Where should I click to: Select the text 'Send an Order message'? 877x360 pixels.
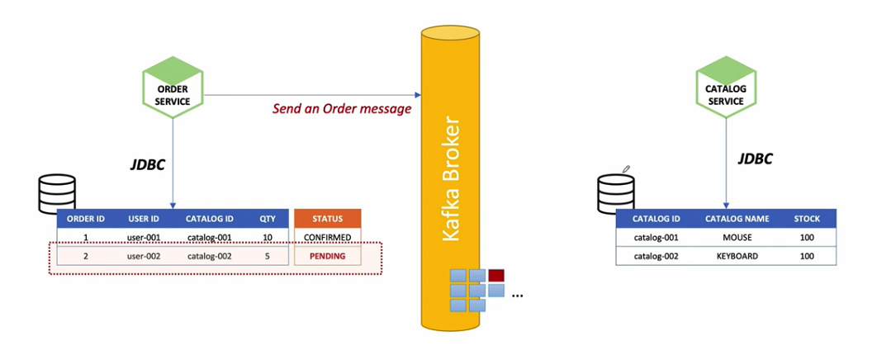(x=341, y=109)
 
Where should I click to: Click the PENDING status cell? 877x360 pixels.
(x=328, y=257)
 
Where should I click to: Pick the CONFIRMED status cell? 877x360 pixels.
(x=328, y=238)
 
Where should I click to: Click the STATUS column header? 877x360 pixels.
(x=328, y=219)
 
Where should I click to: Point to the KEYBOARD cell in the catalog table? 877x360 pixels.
(x=737, y=256)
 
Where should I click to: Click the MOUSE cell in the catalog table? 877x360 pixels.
(x=737, y=238)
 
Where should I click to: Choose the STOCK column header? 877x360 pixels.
(x=807, y=219)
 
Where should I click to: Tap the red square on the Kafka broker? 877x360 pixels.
(x=496, y=276)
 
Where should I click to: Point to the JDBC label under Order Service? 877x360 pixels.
(x=149, y=165)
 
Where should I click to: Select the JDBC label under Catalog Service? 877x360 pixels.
(x=755, y=159)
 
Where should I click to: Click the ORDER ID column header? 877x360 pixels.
(x=85, y=219)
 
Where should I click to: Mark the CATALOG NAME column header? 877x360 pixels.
(x=737, y=219)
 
